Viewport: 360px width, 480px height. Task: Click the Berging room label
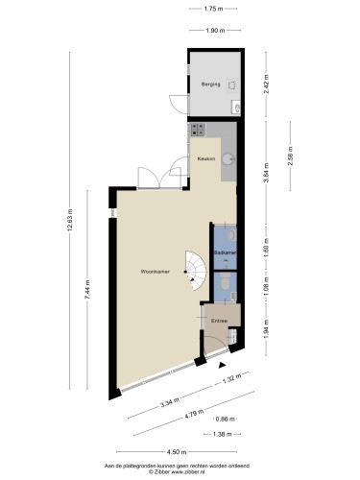(x=209, y=84)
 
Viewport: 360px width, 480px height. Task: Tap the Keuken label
(x=205, y=158)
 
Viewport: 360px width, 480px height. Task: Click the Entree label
(x=219, y=321)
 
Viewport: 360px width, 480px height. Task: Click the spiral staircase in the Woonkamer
(x=196, y=270)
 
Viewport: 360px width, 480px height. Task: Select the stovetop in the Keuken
(x=199, y=130)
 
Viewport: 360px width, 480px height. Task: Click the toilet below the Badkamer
(x=223, y=282)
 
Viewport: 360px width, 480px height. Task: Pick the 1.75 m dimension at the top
(x=215, y=9)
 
